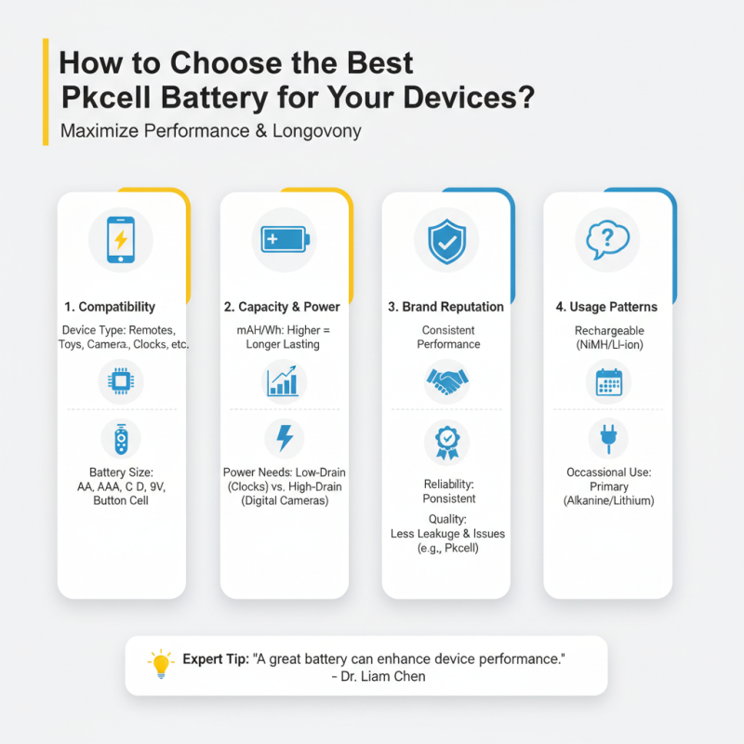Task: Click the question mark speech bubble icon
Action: click(x=607, y=239)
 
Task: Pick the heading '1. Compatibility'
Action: click(x=111, y=307)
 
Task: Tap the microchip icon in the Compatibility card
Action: click(x=121, y=381)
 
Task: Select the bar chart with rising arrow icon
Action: click(x=283, y=381)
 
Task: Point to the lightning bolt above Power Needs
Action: click(x=283, y=438)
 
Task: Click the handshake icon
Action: click(x=445, y=381)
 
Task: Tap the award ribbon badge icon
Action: click(x=446, y=440)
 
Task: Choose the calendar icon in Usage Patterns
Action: click(x=607, y=381)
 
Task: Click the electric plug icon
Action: click(x=607, y=437)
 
